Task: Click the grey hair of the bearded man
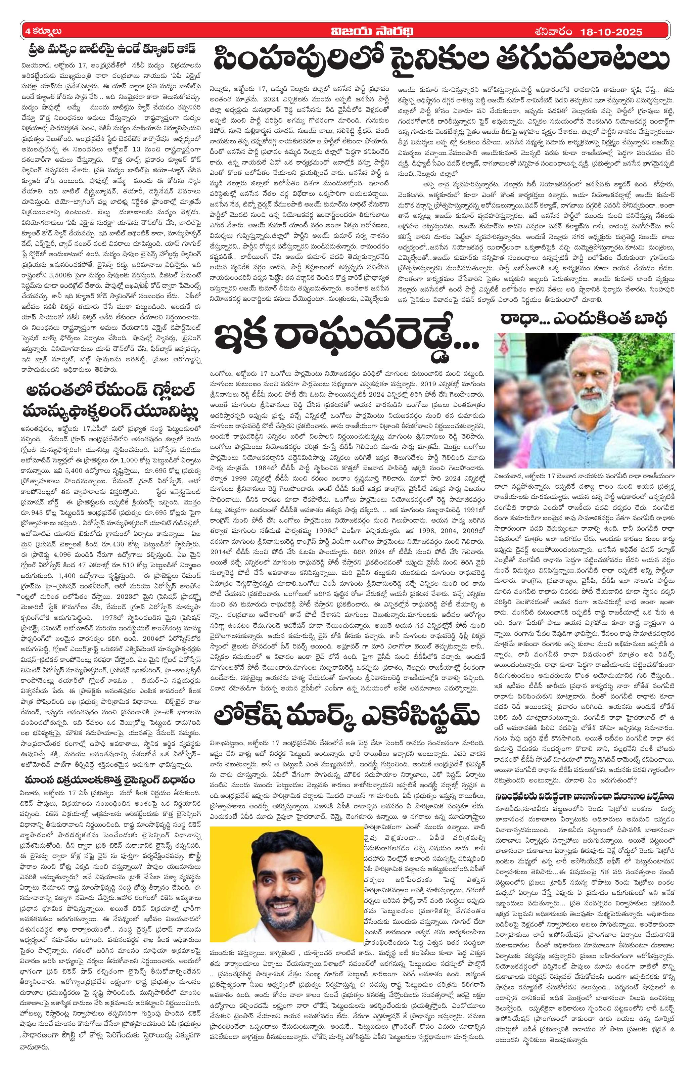(589, 356)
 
